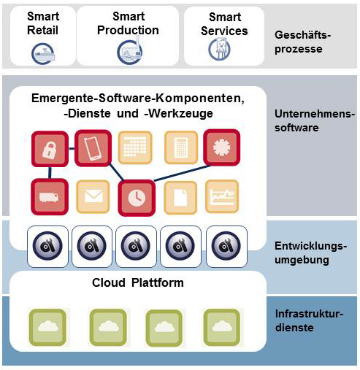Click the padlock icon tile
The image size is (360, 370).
coord(50,149)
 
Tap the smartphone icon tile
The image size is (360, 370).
coord(93,148)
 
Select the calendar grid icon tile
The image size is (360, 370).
coord(135,147)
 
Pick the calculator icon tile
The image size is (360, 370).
coord(181,147)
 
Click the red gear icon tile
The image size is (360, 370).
coord(222,147)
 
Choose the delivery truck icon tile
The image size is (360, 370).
coord(50,196)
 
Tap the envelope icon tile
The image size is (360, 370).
coord(93,196)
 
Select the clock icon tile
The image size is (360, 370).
coord(137,198)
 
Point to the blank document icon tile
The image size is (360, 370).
coord(180,198)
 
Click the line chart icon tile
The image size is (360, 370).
coord(222,196)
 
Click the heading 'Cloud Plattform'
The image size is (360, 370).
coord(138,282)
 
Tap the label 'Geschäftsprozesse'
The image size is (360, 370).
coord(302,42)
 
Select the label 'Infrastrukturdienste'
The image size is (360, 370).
coord(309,320)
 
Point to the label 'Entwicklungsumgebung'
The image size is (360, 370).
coord(311,253)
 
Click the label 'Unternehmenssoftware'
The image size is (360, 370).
coord(315,120)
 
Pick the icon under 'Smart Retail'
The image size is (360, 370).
coord(43,54)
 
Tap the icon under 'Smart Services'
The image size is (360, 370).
coord(220,49)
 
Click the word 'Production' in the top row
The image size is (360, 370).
coord(128,30)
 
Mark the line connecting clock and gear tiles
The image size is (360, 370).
coord(182,173)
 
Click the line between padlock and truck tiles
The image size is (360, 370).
coord(50,173)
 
